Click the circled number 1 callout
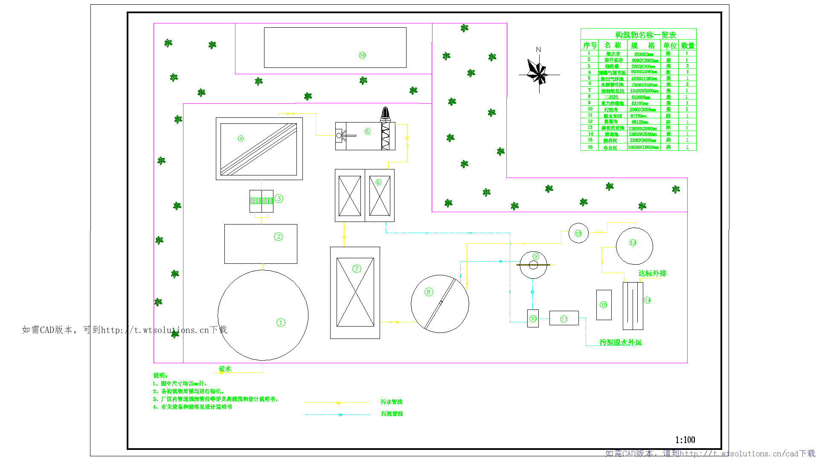[x=281, y=323]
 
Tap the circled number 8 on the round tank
[x=429, y=292]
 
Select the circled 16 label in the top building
[x=362, y=55]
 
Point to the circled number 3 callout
[x=279, y=198]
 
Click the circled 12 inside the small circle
[x=578, y=233]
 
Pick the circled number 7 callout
[x=357, y=268]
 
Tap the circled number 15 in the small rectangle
[x=603, y=305]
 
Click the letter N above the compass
[x=538, y=50]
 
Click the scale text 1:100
[x=685, y=440]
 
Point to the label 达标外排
[x=652, y=273]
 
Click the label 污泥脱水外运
[x=620, y=342]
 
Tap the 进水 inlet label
[x=225, y=368]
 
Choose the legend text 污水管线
[x=392, y=402]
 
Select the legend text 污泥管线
[x=392, y=414]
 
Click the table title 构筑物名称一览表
[x=645, y=35]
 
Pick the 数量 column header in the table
[x=688, y=45]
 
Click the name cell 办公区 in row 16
[x=610, y=148]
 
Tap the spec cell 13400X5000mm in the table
[x=644, y=91]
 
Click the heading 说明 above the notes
[x=160, y=375]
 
